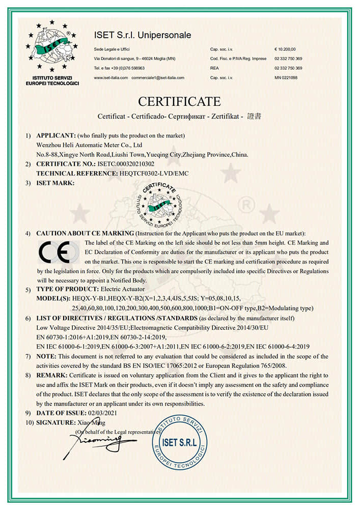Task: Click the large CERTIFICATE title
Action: pyautogui.click(x=179, y=101)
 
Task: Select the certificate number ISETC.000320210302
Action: pyautogui.click(x=125, y=164)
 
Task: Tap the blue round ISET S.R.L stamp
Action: pyautogui.click(x=179, y=441)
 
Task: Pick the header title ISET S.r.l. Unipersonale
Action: pyautogui.click(x=143, y=35)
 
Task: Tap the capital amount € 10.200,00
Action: pyautogui.click(x=285, y=49)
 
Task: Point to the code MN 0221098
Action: pyautogui.click(x=286, y=77)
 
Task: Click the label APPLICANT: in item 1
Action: pyautogui.click(x=56, y=135)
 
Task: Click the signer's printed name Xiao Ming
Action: pyautogui.click(x=94, y=422)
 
